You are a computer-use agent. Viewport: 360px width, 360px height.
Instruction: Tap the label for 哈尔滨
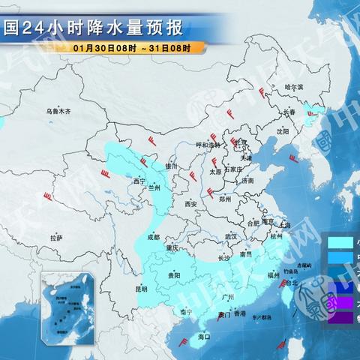click(x=295, y=88)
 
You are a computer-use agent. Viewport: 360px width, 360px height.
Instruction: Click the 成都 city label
click(x=154, y=237)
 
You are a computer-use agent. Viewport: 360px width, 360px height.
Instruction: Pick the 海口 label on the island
click(x=202, y=337)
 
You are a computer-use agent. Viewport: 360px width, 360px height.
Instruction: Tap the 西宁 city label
click(x=138, y=181)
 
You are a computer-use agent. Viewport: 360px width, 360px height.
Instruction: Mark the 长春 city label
click(x=289, y=112)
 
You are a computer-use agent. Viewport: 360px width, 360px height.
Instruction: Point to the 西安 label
click(x=190, y=203)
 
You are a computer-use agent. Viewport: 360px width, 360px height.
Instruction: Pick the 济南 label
click(x=248, y=181)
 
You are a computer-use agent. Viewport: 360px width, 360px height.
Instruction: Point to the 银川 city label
click(x=172, y=166)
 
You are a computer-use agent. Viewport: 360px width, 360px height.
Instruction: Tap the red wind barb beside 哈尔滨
click(x=262, y=92)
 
